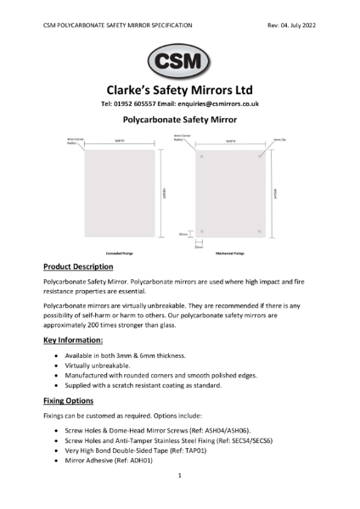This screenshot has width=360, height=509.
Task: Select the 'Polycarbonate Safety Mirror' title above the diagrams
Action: coord(179,121)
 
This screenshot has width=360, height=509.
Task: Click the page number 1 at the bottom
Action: coord(180,477)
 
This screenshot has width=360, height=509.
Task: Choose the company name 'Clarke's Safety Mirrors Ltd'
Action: coord(179,89)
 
